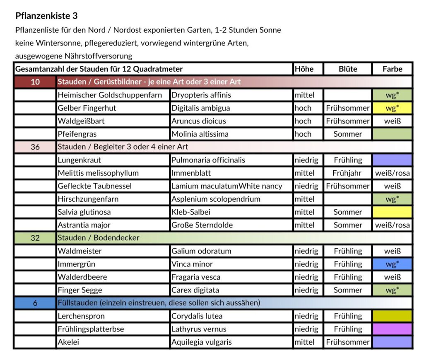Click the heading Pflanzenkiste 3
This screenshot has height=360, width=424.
46,16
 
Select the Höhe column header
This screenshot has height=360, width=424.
304,69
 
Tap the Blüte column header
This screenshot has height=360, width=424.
347,69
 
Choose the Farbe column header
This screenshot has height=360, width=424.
392,69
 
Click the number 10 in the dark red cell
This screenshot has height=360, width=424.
35,82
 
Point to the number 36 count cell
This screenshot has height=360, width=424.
35,147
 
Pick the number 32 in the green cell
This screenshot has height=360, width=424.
35,238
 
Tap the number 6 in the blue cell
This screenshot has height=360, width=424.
35,303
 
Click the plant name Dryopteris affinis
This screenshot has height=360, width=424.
201,95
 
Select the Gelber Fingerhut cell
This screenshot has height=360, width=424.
87,108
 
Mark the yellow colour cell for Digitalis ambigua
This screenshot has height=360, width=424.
392,108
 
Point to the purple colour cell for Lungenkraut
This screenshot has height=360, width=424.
392,160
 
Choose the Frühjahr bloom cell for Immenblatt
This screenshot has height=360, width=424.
347,173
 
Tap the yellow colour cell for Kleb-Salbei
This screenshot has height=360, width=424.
392,212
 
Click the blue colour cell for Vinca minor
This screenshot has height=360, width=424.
392,264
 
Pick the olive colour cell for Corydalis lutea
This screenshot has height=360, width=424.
392,316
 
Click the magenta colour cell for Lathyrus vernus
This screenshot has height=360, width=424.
392,329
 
